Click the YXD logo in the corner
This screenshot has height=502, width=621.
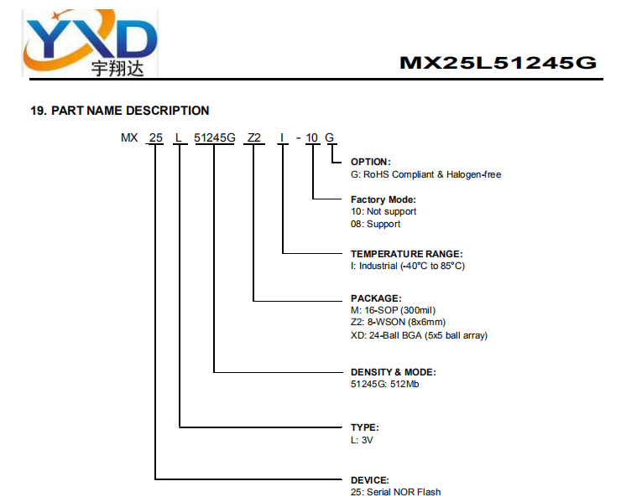[90, 43]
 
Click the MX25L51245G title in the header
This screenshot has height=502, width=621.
[498, 63]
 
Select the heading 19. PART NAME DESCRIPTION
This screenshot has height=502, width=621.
[120, 111]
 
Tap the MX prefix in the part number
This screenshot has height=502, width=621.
[129, 137]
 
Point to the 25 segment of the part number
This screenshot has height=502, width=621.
[155, 137]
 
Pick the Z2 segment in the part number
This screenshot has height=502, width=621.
[254, 137]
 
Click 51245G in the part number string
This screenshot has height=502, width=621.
[214, 137]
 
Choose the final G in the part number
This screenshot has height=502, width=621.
[330, 137]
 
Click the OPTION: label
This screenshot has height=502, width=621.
[370, 162]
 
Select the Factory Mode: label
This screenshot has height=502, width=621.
[383, 199]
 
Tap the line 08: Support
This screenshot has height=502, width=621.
[375, 224]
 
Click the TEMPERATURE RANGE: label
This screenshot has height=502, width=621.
[406, 254]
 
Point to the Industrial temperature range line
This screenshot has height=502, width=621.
[408, 266]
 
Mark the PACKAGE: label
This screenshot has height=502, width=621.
[376, 298]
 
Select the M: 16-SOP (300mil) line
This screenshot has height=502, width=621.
[393, 310]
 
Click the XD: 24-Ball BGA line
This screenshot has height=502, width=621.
[419, 335]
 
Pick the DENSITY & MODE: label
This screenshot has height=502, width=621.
[393, 372]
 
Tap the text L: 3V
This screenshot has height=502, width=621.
[362, 440]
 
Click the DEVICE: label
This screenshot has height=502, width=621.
[369, 480]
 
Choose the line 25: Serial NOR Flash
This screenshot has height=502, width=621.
[395, 492]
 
